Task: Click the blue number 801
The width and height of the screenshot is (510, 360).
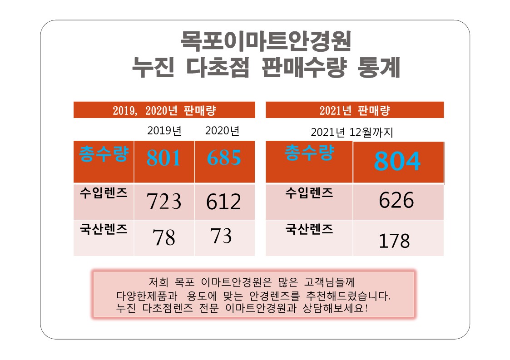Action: tap(163, 158)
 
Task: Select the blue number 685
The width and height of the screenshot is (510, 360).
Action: tap(224, 158)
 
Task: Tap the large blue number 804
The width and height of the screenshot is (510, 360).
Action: tap(397, 161)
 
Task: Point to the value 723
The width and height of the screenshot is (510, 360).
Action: tap(164, 202)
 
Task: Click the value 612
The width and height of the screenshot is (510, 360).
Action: tap(223, 202)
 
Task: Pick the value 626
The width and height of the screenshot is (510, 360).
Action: tap(396, 200)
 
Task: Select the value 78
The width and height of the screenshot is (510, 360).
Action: tap(164, 237)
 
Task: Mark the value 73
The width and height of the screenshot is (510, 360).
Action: tap(221, 236)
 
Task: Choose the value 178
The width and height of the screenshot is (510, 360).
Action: tap(394, 241)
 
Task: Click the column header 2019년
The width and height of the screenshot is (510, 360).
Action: tap(164, 131)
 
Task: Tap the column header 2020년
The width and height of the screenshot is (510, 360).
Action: tap(222, 131)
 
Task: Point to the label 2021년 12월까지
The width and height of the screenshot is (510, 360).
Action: tap(352, 133)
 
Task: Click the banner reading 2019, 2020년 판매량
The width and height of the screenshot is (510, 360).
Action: tap(164, 110)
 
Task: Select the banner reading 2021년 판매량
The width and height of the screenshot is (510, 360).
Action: tap(355, 110)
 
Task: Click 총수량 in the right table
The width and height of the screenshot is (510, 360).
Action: tap(309, 153)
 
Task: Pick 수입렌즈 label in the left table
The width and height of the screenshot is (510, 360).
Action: tap(104, 193)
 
